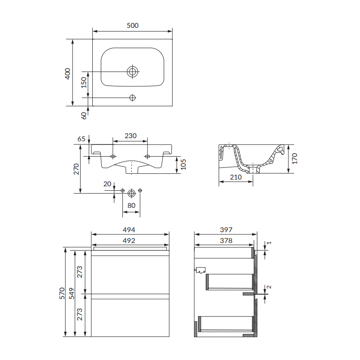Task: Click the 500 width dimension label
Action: pyautogui.click(x=133, y=25)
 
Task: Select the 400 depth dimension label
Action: pyautogui.click(x=67, y=74)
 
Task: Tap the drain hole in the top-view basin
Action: pyautogui.click(x=132, y=72)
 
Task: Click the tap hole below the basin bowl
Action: pyautogui.click(x=132, y=98)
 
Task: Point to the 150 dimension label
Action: pyautogui.click(x=84, y=82)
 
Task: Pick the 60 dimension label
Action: pyautogui.click(x=84, y=116)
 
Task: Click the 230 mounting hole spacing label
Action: pyautogui.click(x=130, y=136)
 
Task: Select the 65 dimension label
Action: pyautogui.click(x=81, y=139)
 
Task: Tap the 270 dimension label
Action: pyautogui.click(x=76, y=169)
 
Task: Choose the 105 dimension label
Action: pyautogui.click(x=183, y=164)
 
